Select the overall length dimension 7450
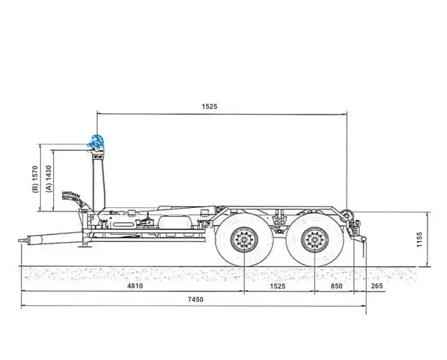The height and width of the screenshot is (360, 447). pos(196,299)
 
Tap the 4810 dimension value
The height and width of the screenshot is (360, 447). pos(135,286)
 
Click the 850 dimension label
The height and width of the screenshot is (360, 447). pos(336,286)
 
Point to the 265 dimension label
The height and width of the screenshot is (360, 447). pos(377,286)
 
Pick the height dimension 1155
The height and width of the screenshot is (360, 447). pos(419,240)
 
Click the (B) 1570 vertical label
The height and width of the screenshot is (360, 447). pos(35,179)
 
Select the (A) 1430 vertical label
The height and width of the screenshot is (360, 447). pos(49,179)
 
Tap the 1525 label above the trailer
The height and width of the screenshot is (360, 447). pos(209,106)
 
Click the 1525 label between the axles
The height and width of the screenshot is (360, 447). pos(277,286)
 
